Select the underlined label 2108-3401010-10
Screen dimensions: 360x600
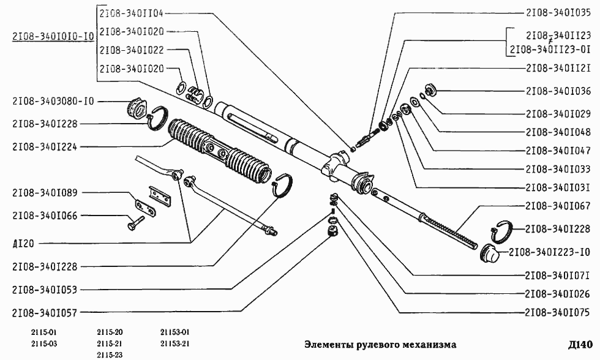(x=53, y=36)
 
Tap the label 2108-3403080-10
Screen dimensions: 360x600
(x=53, y=102)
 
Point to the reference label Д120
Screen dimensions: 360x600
(x=23, y=242)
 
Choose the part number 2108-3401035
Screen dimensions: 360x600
(x=558, y=12)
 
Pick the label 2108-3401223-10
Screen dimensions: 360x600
(x=549, y=252)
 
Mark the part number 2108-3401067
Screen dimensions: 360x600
(x=558, y=206)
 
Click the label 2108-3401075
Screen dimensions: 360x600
(x=558, y=312)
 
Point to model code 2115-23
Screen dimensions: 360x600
(x=110, y=354)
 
